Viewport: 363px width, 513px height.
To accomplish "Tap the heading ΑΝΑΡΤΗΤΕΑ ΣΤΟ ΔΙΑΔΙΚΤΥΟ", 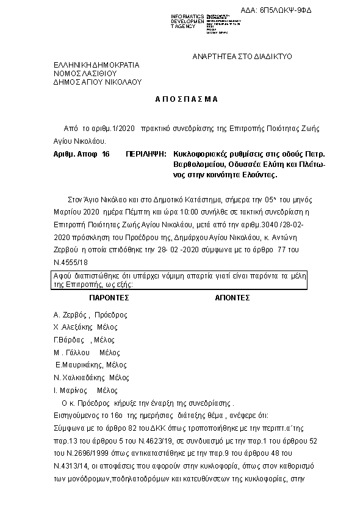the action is point(233,57).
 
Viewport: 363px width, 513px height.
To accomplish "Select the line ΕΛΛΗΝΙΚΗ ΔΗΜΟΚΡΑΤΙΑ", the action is point(96,65).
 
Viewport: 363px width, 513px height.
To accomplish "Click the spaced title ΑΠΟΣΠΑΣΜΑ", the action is point(182,99).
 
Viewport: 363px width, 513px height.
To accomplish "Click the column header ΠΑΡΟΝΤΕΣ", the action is point(109,299).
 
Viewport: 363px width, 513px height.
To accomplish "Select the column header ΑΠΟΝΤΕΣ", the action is point(233,299).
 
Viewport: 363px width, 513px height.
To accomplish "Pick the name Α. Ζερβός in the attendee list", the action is point(72,315).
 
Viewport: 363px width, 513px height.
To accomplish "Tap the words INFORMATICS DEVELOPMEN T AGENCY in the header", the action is point(188,21).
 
